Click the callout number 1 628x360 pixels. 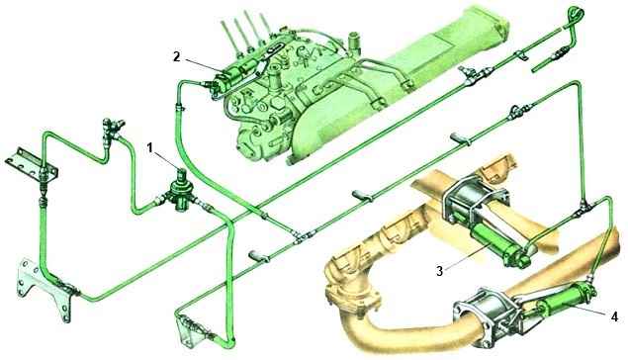click(149, 148)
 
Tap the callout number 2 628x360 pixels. click(177, 56)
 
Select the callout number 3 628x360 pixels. click(440, 271)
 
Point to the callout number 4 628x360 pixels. click(614, 316)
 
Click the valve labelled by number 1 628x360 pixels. click(181, 192)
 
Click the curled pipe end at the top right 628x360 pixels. click(576, 14)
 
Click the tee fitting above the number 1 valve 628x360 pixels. click(113, 129)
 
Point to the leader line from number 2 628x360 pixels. click(204, 67)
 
